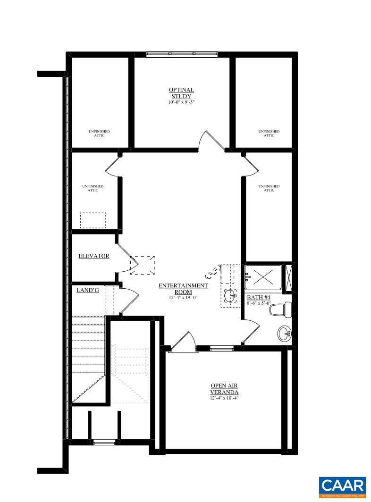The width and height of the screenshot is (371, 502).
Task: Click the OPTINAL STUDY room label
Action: pyautogui.click(x=181, y=93)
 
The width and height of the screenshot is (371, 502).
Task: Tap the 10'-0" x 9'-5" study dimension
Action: pyautogui.click(x=181, y=102)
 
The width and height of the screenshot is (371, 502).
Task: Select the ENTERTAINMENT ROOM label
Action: pyautogui.click(x=183, y=288)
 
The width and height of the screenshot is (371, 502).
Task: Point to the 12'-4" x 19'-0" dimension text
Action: pyautogui.click(x=183, y=298)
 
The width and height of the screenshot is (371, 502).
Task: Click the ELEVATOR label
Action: pyautogui.click(x=93, y=256)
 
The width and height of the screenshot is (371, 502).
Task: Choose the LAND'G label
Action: pyautogui.click(x=87, y=290)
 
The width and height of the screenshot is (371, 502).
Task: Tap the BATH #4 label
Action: pyautogui.click(x=258, y=298)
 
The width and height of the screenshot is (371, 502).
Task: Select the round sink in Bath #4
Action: pyautogui.click(x=285, y=334)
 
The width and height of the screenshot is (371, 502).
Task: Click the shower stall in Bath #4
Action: pyautogui.click(x=263, y=277)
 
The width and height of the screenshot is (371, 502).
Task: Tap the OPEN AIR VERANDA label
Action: pyautogui.click(x=224, y=389)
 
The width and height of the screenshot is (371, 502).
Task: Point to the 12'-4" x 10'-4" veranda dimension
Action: pyautogui.click(x=224, y=398)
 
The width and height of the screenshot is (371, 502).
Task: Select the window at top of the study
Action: pyautogui.click(x=182, y=54)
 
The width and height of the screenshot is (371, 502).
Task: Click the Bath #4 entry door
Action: pyautogui.click(x=251, y=332)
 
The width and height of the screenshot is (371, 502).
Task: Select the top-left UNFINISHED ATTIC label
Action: pyautogui.click(x=99, y=133)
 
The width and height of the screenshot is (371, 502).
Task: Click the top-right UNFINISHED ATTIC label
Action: pyautogui.click(x=269, y=133)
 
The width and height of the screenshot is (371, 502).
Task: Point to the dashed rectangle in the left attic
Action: pyautogui.click(x=93, y=220)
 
